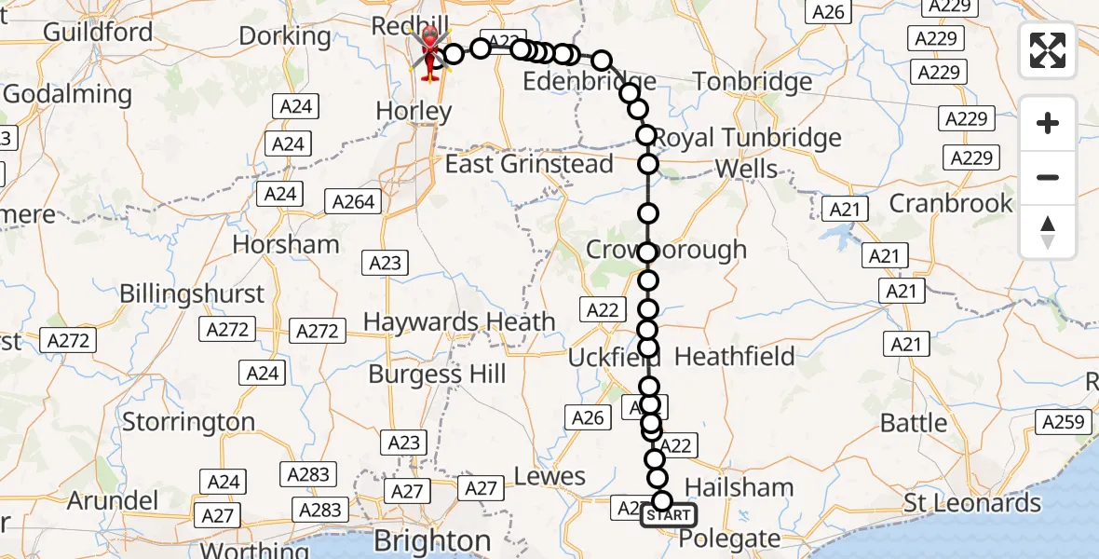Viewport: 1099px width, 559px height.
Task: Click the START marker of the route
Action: [x=668, y=515]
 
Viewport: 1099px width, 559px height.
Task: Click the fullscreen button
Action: [x=1048, y=50]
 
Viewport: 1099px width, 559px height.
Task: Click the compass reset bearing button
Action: [x=1048, y=232]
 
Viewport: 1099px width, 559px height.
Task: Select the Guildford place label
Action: [x=98, y=32]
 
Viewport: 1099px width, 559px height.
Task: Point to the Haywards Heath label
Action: [x=459, y=322]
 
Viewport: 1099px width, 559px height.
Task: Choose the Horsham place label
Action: [x=286, y=245]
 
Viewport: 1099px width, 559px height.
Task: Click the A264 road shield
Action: [x=353, y=201]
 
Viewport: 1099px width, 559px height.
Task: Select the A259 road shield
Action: [x=1063, y=422]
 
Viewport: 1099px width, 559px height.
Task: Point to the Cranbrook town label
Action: [x=951, y=203]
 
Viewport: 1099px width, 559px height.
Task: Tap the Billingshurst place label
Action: [x=192, y=294]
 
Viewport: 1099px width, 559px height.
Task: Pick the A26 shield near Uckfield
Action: [x=587, y=418]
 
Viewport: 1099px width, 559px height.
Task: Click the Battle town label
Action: [x=913, y=423]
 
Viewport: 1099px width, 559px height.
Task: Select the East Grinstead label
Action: [x=529, y=165]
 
